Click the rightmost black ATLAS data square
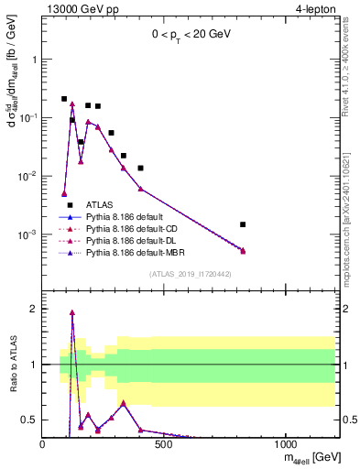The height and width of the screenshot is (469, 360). pos(243,224)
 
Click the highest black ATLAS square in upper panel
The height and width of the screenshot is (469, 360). pos(64,99)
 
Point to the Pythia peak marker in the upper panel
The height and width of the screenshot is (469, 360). pos(72,104)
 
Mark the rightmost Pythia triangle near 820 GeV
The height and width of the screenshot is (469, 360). pos(243,250)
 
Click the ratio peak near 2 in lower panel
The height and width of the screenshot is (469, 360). pos(72,312)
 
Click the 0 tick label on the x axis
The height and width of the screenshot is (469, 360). pos(42,444)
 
